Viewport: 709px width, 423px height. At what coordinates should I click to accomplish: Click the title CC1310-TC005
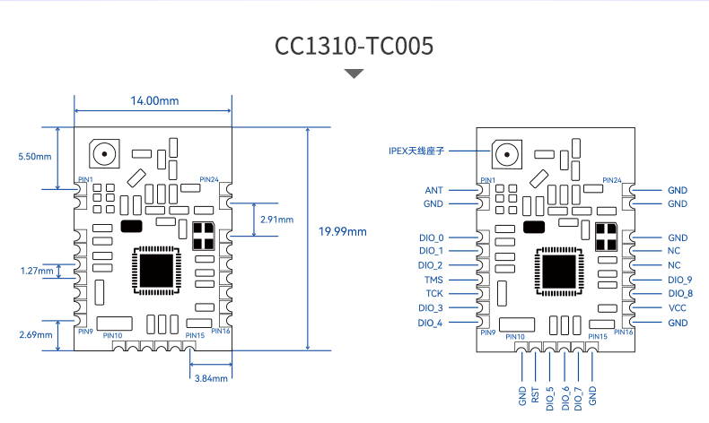(x=354, y=46)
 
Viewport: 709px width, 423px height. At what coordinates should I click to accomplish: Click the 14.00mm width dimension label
(x=154, y=100)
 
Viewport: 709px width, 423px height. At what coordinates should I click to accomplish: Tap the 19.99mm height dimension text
(x=342, y=231)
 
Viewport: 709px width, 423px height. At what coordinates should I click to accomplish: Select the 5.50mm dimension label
(x=35, y=157)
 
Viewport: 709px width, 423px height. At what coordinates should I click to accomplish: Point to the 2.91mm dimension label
(x=276, y=220)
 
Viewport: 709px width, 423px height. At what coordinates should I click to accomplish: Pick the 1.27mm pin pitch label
(x=37, y=271)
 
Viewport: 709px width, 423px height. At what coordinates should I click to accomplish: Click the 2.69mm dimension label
(x=36, y=334)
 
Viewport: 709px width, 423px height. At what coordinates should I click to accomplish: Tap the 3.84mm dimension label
(x=211, y=378)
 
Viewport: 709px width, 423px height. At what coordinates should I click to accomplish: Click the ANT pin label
(x=433, y=191)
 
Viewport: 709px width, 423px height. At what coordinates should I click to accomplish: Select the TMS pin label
(x=433, y=280)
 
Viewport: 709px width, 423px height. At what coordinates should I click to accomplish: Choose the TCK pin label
(x=434, y=293)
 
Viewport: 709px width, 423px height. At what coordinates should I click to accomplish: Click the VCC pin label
(x=678, y=308)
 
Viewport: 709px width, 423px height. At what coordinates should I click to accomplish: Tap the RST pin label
(x=536, y=395)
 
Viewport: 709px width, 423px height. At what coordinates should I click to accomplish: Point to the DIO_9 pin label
(x=680, y=280)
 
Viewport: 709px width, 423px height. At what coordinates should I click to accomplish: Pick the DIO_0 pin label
(x=432, y=237)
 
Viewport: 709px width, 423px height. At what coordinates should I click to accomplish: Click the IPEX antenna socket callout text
(x=416, y=151)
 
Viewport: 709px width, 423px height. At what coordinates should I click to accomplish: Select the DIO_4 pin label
(x=430, y=323)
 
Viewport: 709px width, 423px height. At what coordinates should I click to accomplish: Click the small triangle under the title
(x=354, y=73)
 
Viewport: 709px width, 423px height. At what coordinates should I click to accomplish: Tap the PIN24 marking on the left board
(x=209, y=179)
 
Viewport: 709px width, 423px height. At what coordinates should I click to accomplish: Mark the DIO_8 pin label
(x=680, y=293)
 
